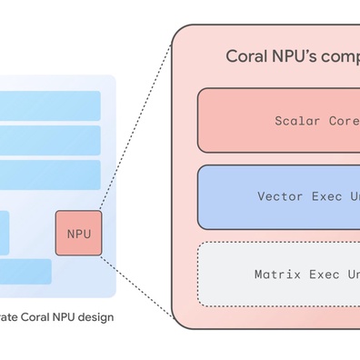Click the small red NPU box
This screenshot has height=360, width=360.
(79, 233)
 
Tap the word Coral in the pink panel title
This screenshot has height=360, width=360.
(246, 56)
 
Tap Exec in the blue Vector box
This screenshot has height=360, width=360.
(325, 196)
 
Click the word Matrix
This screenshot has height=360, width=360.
(276, 273)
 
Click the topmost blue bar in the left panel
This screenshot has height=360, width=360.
(50, 105)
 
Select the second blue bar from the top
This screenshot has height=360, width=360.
(50, 140)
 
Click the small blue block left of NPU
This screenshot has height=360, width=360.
(5, 233)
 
